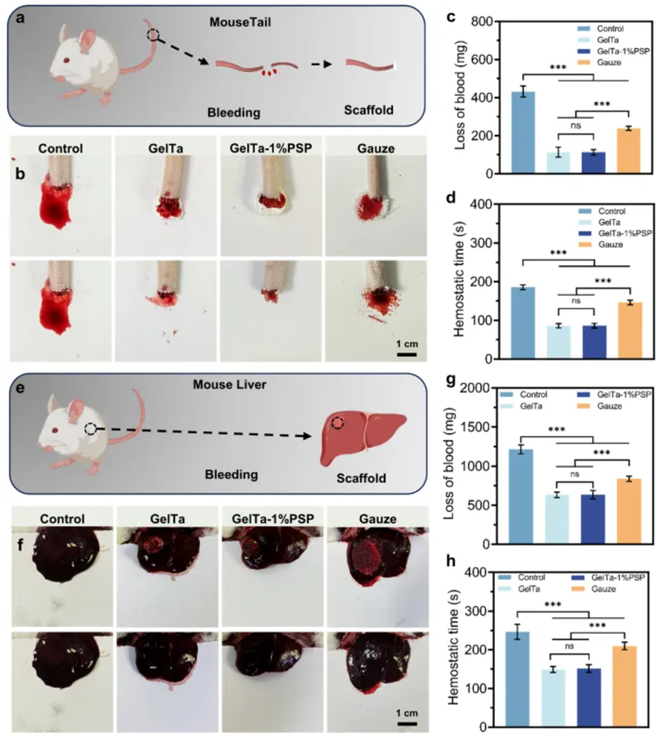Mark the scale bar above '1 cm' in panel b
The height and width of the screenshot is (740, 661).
point(406,354)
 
